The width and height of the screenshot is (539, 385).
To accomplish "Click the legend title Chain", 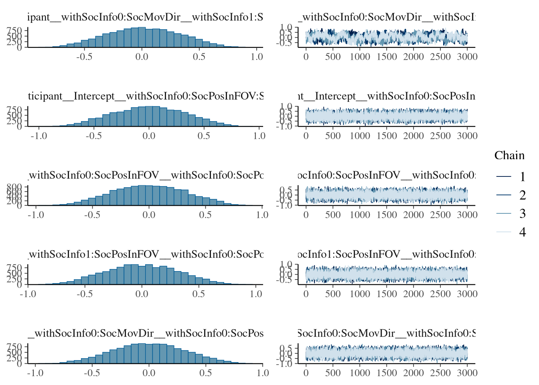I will [509, 156].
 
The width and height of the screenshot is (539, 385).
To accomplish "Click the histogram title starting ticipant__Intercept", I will [146, 96].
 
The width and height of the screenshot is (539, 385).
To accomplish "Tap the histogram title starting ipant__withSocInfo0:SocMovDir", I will [145, 17].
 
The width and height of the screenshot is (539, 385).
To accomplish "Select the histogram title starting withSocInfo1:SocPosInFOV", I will [146, 254].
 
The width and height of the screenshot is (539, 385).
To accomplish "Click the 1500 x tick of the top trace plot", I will [387, 57].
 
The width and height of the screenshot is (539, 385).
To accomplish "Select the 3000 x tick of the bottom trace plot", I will [467, 373].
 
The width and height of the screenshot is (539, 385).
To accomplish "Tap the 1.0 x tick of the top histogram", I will [257, 57].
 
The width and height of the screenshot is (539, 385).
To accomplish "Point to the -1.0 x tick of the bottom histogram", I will [35, 373].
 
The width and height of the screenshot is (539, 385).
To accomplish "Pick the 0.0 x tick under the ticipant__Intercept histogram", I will [149, 136].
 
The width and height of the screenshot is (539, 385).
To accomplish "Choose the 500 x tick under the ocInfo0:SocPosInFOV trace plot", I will [333, 215].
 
